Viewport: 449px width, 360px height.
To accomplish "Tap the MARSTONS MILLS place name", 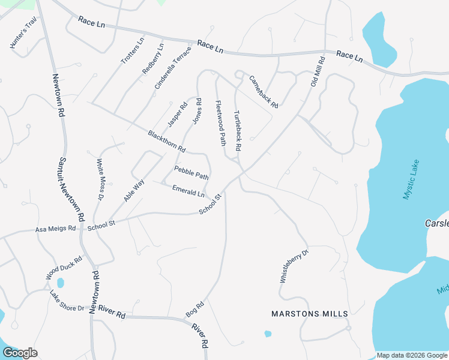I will click(309, 314).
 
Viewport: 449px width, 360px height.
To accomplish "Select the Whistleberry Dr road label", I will click(294, 266).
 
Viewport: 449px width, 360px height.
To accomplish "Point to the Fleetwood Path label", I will click(220, 123).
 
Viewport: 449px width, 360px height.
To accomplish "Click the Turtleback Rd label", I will click(237, 130).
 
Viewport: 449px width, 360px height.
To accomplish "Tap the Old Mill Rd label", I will click(318, 72).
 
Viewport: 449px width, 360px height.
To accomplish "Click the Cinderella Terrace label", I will click(172, 68).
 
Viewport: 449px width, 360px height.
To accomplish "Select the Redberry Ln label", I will click(152, 59).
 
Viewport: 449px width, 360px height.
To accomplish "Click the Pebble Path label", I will click(191, 173).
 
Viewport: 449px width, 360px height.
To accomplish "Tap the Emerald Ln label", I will click(188, 191).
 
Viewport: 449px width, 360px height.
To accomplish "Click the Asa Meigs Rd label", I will click(56, 229).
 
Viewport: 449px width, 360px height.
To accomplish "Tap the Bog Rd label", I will click(195, 309).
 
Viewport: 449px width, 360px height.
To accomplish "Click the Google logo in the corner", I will click(20, 353).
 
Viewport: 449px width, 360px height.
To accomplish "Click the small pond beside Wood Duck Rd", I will click(60, 283).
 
